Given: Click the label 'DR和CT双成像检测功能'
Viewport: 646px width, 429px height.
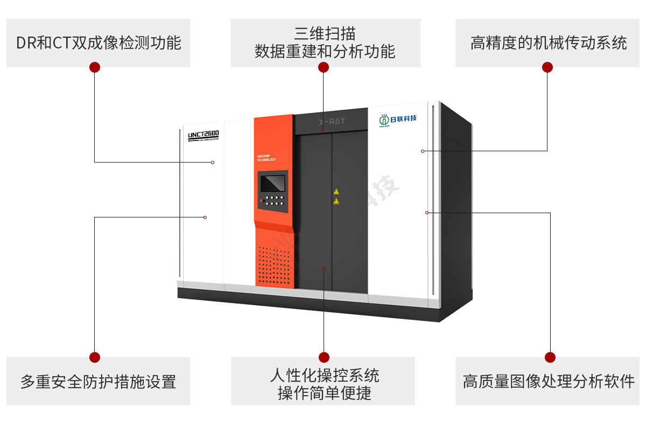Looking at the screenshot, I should click(x=99, y=43).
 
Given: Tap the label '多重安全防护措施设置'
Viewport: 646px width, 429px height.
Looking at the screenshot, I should click(x=99, y=382).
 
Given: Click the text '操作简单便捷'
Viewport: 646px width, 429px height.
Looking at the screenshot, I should click(x=324, y=393).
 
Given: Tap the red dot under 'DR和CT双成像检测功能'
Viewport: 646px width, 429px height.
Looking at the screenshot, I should click(x=95, y=67).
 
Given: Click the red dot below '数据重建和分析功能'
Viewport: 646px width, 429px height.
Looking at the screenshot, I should click(x=324, y=67).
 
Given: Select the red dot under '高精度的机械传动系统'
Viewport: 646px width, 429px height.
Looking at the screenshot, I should click(x=547, y=67).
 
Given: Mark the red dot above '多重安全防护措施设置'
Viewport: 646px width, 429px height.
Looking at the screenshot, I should click(x=95, y=357).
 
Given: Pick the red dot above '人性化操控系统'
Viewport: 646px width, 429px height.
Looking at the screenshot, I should click(x=324, y=357).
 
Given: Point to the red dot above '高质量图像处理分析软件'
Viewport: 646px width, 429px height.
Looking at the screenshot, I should click(x=550, y=357).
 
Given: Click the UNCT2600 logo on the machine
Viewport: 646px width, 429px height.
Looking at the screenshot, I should click(x=203, y=135).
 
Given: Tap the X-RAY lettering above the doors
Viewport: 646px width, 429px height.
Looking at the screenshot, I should click(x=331, y=121).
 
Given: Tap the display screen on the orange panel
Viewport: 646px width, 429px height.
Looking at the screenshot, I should click(x=273, y=182).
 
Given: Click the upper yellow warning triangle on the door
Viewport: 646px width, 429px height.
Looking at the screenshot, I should click(x=336, y=192).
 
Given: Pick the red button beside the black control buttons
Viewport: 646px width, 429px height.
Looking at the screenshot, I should click(x=261, y=201).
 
